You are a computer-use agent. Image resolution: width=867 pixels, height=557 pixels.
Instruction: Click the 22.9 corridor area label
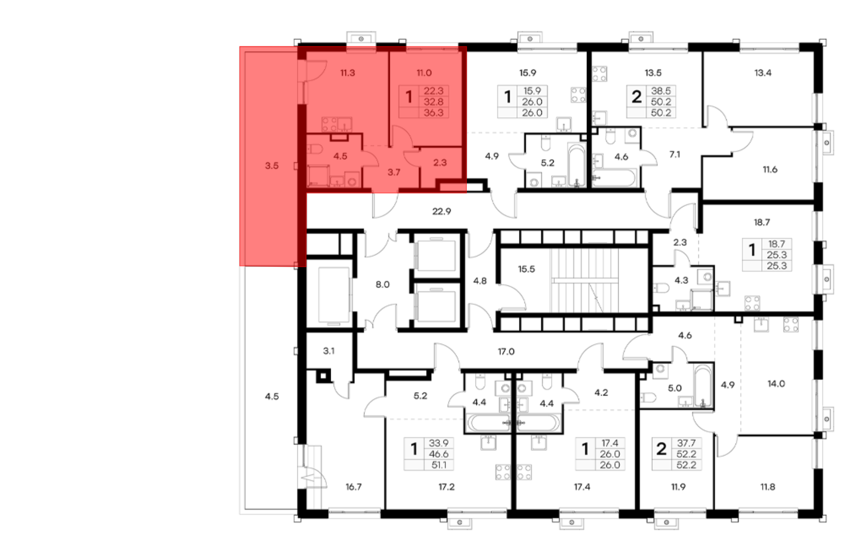(x=441, y=211)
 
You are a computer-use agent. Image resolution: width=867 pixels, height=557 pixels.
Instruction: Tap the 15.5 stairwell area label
(x=526, y=269)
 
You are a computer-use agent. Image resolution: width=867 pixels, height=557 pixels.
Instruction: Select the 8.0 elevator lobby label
(x=382, y=285)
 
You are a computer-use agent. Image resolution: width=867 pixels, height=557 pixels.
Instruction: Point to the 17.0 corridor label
(x=506, y=351)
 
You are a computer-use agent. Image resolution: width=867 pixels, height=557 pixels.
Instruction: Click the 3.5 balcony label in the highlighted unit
(x=272, y=165)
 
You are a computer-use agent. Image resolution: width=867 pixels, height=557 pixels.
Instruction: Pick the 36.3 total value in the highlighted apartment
(x=433, y=113)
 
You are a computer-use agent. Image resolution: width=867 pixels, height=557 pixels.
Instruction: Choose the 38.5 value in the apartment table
(x=661, y=91)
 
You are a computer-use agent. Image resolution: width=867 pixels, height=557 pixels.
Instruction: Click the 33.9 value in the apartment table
(x=439, y=443)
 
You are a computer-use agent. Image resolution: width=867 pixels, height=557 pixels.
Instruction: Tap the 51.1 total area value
(x=439, y=465)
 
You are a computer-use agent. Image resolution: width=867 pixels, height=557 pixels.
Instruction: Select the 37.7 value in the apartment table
(x=686, y=443)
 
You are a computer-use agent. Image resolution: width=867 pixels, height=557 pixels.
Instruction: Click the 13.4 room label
(x=763, y=72)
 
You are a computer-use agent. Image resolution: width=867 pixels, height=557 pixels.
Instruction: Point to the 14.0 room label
(x=776, y=383)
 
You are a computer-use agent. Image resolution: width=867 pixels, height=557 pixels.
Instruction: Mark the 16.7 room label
(x=353, y=487)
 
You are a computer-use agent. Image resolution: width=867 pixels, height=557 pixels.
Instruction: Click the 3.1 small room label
(x=329, y=351)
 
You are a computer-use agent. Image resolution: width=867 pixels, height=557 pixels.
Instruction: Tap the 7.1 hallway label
(x=675, y=154)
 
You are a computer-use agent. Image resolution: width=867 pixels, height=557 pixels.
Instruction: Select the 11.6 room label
(x=770, y=169)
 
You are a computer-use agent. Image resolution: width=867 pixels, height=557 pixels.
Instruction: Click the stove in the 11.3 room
(x=329, y=125)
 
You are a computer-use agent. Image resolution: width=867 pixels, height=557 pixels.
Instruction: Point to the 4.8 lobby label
(x=480, y=281)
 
